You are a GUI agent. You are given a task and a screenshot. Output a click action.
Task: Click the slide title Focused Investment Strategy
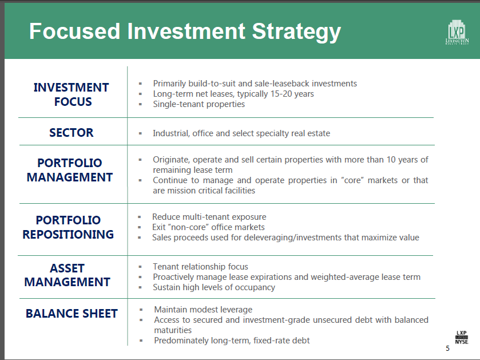185,31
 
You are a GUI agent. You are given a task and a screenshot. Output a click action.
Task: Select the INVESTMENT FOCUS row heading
72,94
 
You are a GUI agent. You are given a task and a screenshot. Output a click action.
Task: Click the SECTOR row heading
72,133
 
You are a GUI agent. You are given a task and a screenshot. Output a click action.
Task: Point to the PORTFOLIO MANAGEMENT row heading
70,170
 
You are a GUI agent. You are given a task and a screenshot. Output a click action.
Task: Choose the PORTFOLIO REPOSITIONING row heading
68,227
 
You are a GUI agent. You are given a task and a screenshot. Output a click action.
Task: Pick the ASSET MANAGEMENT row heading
68,275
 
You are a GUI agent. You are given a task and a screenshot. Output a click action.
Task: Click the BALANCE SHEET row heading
72,314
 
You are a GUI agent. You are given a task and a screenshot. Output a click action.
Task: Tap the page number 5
447,349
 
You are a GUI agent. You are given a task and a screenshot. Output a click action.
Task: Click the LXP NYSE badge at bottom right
461,337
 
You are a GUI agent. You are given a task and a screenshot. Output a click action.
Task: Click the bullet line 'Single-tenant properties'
199,104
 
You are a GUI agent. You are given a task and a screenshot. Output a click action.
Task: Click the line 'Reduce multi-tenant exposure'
209,217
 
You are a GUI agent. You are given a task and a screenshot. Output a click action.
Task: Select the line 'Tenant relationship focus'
200,267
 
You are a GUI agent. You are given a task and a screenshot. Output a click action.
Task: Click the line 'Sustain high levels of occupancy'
213,287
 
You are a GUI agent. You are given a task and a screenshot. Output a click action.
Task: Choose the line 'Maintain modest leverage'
203,310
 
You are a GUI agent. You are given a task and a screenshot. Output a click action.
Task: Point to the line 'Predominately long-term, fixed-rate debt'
232,341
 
